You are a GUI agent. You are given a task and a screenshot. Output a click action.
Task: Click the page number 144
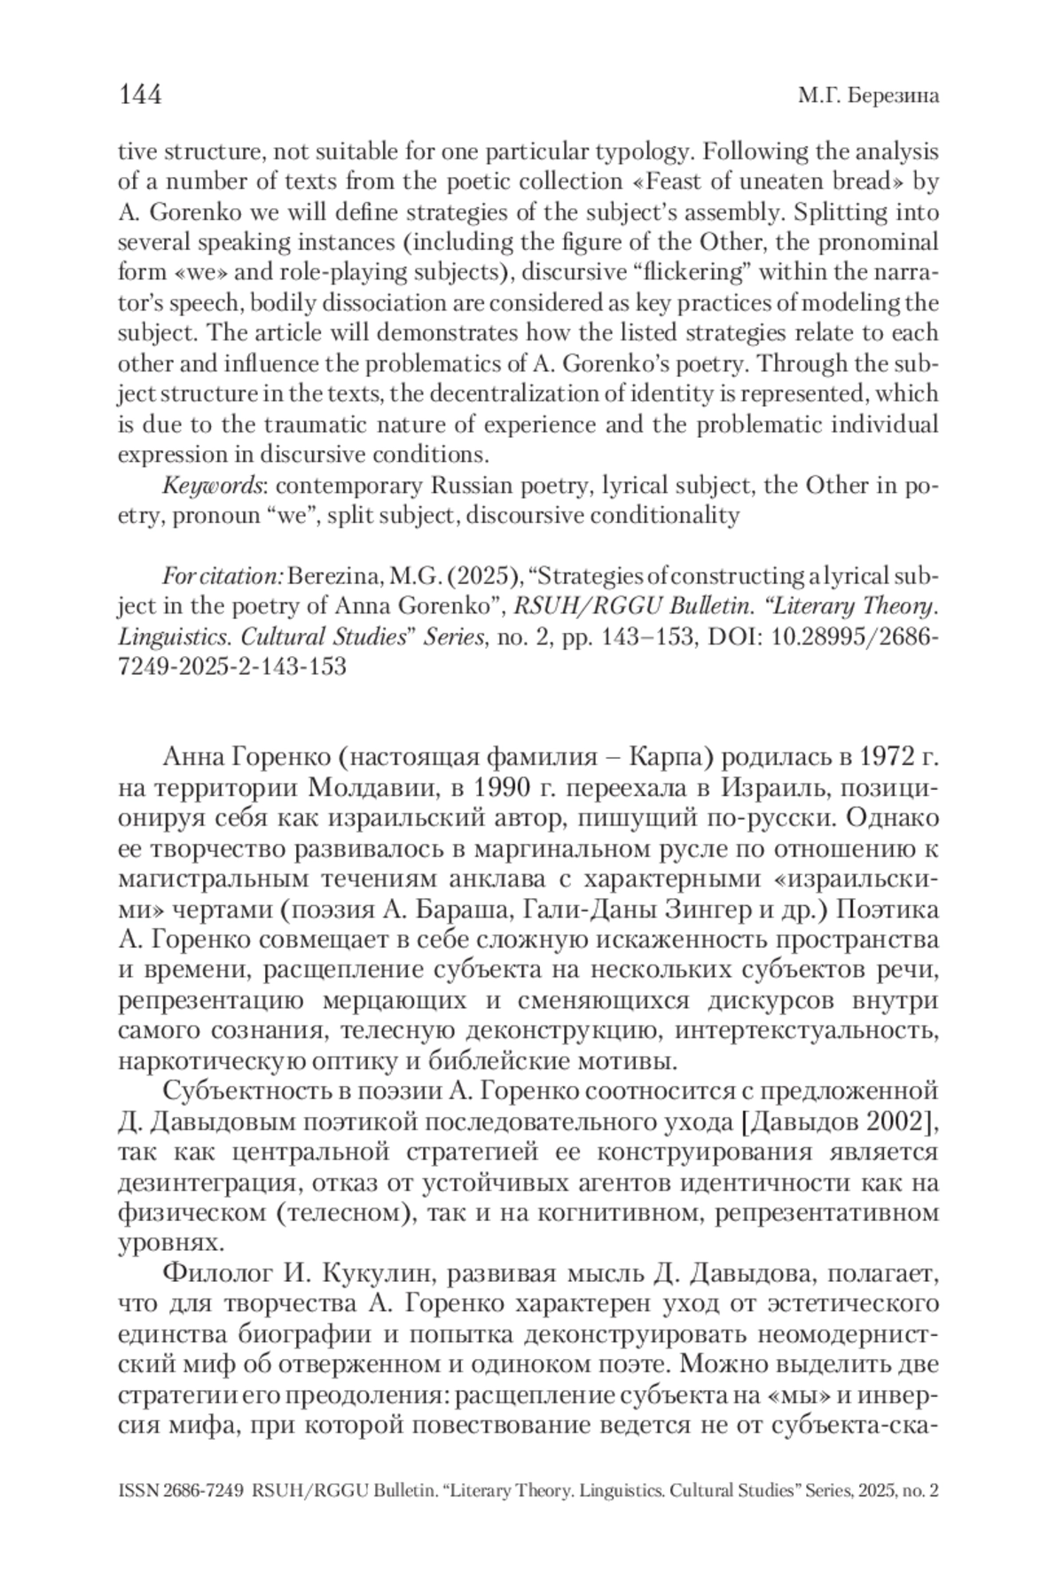click(140, 95)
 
